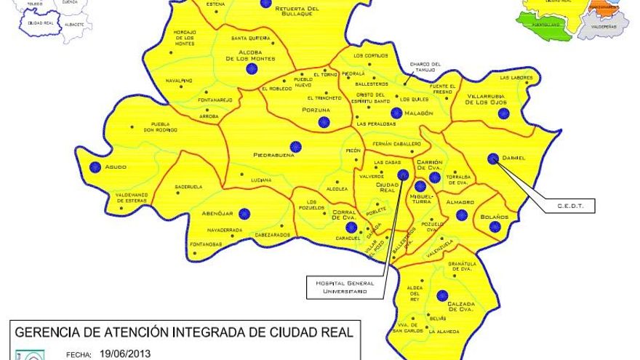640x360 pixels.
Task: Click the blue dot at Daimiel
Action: click(493, 158)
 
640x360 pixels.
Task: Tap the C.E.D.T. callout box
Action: click(567, 207)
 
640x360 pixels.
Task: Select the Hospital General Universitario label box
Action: click(345, 287)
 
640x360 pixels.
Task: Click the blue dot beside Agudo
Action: click(95, 167)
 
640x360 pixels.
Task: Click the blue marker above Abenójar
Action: click(244, 214)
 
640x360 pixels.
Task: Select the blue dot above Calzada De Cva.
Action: click(442, 295)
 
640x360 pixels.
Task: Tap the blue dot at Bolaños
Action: click(495, 227)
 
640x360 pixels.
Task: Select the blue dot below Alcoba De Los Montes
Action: click(252, 69)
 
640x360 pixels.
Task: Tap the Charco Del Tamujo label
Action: click(425, 66)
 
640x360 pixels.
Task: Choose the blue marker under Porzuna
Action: click(324, 122)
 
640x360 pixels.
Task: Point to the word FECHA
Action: click(77, 356)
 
